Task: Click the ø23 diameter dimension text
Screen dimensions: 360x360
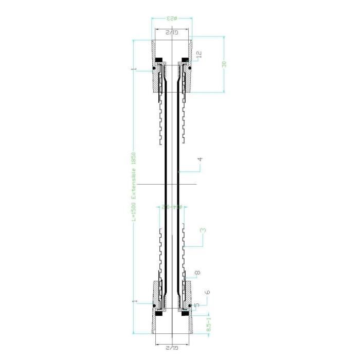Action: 172,19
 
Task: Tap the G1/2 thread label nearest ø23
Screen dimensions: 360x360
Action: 172,33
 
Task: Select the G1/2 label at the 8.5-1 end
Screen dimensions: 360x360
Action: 171,348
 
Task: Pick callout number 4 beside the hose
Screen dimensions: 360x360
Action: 200,159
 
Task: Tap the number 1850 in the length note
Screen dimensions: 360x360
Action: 133,159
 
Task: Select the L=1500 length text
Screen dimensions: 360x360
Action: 133,210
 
